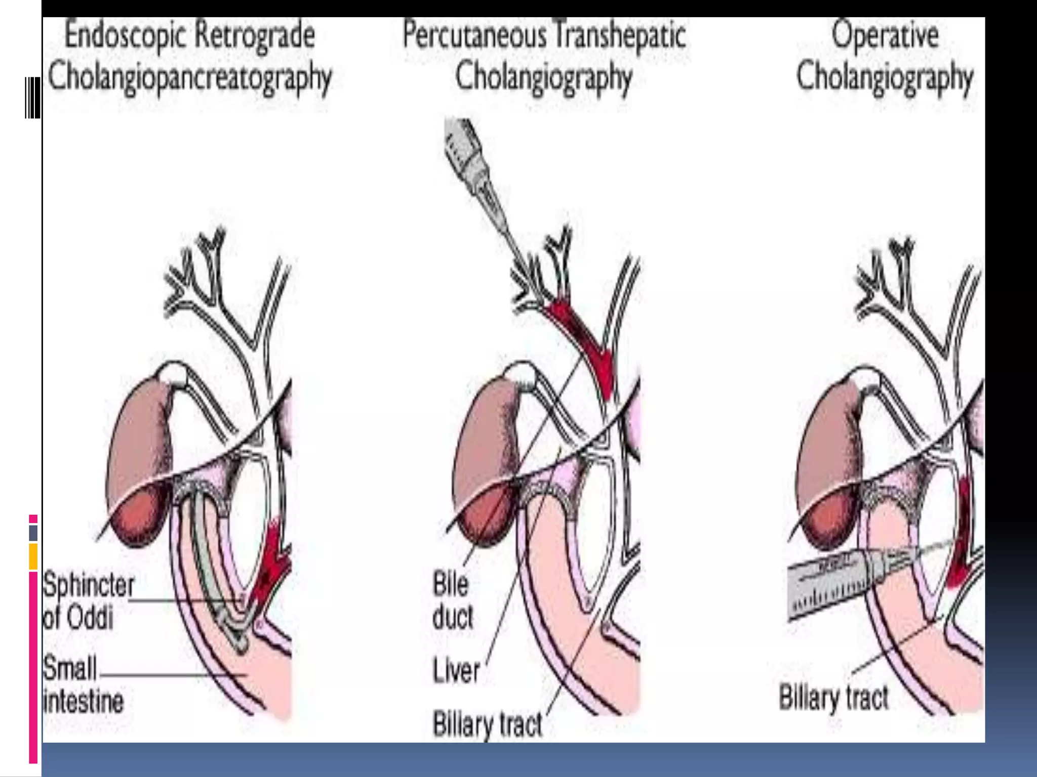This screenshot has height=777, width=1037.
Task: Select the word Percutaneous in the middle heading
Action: pyautogui.click(x=475, y=35)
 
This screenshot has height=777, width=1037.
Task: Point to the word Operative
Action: pyautogui.click(x=885, y=35)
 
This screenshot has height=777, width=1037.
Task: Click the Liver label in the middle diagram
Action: pyautogui.click(x=456, y=671)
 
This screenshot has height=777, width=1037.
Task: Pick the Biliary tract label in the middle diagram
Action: pyautogui.click(x=487, y=724)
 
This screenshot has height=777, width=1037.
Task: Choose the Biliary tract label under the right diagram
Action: pyautogui.click(x=833, y=698)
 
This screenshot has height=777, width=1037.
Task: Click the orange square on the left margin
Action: pyautogui.click(x=33, y=556)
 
